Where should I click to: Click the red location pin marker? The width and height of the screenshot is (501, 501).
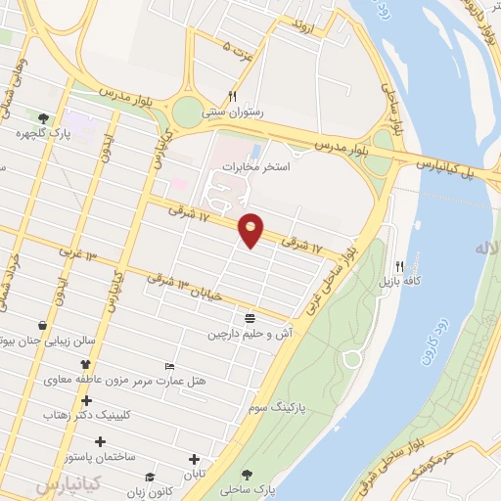[251, 229]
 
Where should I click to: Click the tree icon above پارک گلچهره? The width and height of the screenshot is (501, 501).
[43, 117]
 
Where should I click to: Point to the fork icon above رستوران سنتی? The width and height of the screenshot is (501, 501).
[232, 97]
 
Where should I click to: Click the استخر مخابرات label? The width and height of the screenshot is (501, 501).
[257, 165]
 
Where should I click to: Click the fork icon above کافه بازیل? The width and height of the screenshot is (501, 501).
[399, 266]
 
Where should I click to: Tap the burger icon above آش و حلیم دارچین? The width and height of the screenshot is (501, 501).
[250, 318]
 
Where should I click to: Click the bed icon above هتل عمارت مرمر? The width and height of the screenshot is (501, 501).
[170, 366]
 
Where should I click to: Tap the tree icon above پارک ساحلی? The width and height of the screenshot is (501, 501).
[245, 475]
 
